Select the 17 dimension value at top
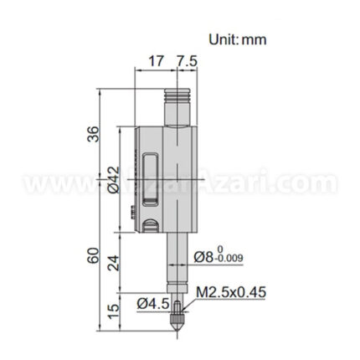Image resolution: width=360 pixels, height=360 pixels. click(155, 63)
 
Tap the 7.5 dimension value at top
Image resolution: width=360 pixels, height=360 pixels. click(186, 63)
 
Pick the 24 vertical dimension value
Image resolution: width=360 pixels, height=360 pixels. click(115, 261)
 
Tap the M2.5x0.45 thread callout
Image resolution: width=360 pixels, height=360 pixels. click(231, 293)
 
